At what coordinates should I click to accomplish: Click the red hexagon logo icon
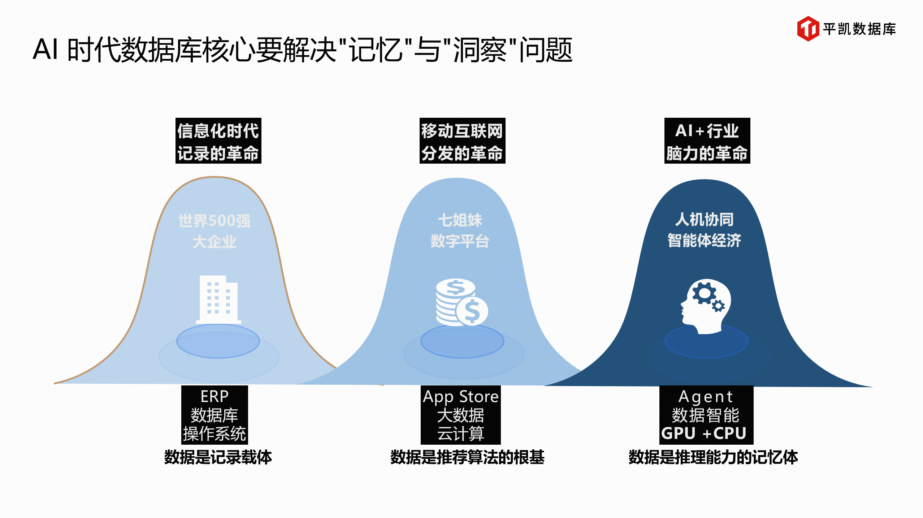click(x=808, y=29)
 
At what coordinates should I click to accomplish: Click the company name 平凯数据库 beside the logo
click(x=859, y=29)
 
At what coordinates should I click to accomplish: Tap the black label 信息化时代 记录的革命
click(x=218, y=141)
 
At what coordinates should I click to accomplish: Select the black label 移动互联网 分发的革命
click(x=462, y=141)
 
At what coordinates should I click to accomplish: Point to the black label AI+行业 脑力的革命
click(x=707, y=141)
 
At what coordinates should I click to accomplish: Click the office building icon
click(x=218, y=300)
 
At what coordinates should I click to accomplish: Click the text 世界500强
click(x=214, y=221)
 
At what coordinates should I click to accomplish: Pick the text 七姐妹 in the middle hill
click(x=460, y=220)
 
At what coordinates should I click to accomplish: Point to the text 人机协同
click(x=704, y=219)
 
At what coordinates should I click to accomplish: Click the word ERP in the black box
click(x=214, y=397)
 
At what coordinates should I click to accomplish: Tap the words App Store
click(x=461, y=397)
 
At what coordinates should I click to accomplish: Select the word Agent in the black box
click(x=706, y=397)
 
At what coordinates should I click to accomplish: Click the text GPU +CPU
click(x=704, y=433)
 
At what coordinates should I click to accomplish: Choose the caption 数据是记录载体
click(x=218, y=457)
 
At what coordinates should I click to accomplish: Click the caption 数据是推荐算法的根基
click(x=467, y=457)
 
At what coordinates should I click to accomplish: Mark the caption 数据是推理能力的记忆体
click(x=713, y=457)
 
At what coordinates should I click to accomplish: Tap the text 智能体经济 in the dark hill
click(x=704, y=240)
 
